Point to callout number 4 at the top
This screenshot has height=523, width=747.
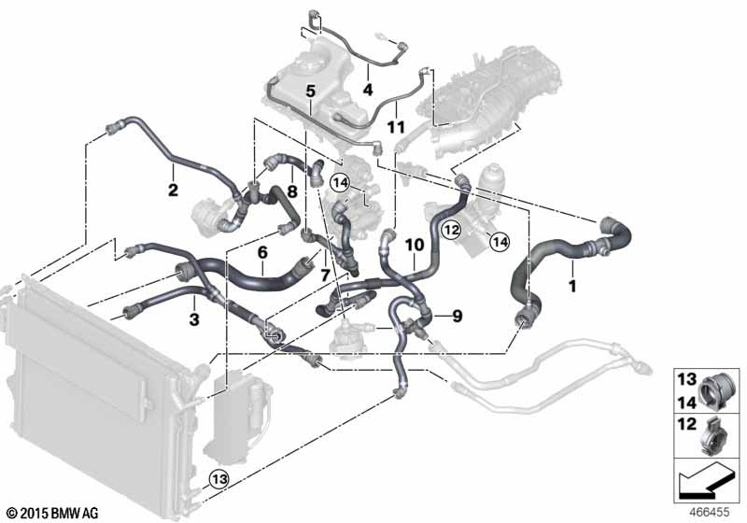click(x=367, y=91)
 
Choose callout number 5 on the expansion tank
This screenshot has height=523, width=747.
click(x=311, y=91)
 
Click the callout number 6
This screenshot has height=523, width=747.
click(x=262, y=252)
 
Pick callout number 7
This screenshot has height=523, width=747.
click(x=324, y=274)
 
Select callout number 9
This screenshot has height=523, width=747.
click(x=457, y=317)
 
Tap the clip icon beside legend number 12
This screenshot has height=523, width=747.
click(x=714, y=436)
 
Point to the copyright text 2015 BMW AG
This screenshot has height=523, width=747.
click(x=51, y=514)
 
